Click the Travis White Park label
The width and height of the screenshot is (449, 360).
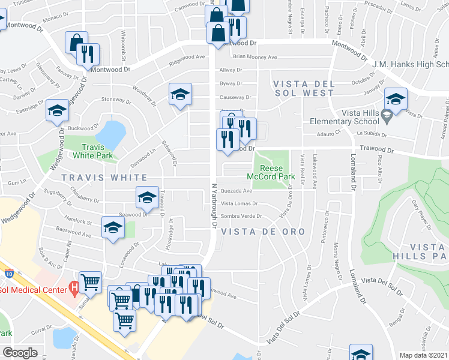[x=93, y=151]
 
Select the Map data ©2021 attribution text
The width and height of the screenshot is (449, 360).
[x=423, y=355]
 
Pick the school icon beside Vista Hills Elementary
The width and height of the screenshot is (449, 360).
[x=396, y=99]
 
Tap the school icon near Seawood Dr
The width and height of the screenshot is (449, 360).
[x=147, y=197]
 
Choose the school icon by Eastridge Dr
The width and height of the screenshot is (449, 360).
[x=57, y=110]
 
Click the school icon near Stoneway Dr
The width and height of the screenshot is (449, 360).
[x=179, y=94]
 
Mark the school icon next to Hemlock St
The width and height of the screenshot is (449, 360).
[x=112, y=227]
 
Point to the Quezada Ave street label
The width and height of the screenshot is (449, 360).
[x=237, y=191]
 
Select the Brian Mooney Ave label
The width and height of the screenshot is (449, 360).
[x=255, y=58]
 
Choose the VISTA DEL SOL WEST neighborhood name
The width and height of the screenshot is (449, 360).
[x=303, y=88]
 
